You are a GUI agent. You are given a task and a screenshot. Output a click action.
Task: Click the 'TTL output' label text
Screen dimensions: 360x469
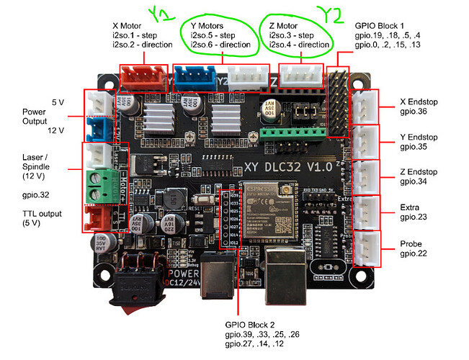click(41, 214)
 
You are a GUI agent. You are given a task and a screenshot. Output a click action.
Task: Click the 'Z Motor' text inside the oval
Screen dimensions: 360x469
click(282, 24)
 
